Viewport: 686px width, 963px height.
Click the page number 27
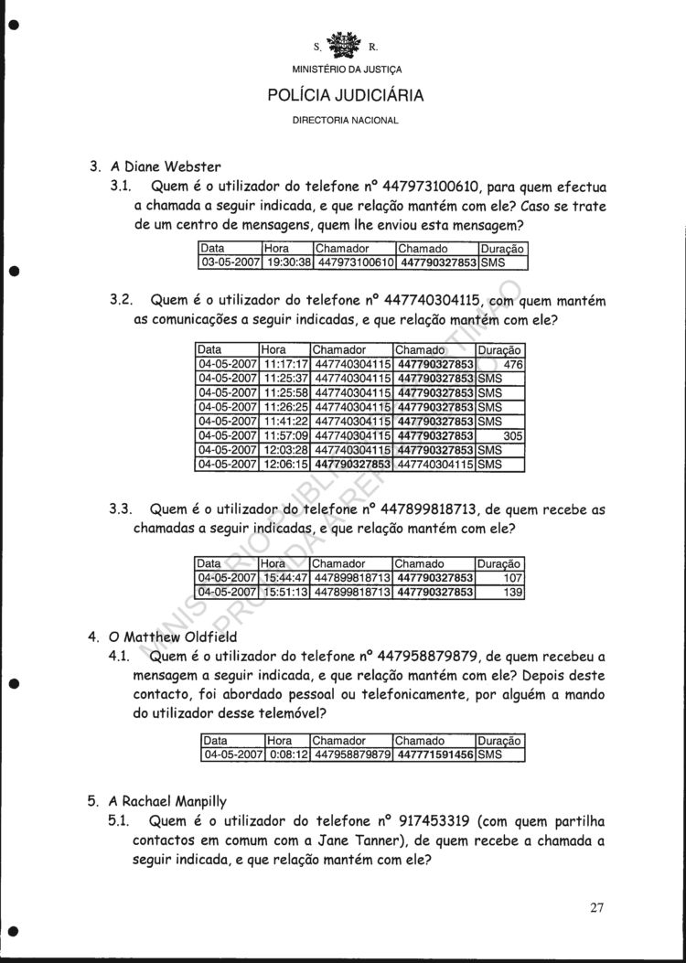pyautogui.click(x=597, y=907)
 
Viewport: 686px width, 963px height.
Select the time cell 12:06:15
pyautogui.click(x=286, y=465)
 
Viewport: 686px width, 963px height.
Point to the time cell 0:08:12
pyautogui.click(x=286, y=755)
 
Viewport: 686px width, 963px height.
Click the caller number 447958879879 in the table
pyautogui.click(x=352, y=755)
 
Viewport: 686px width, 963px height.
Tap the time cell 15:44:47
pyautogui.click(x=285, y=578)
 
